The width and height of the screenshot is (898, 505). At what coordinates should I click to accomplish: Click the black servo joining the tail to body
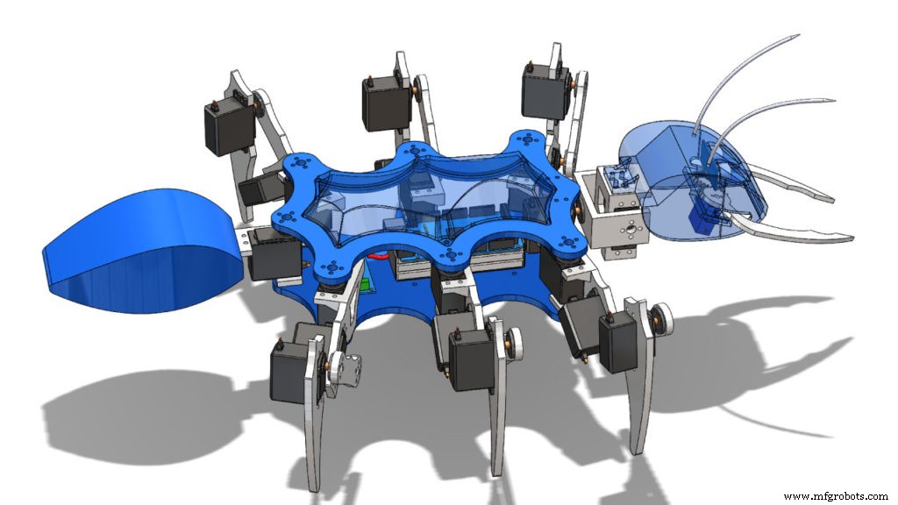coord(267,255)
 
